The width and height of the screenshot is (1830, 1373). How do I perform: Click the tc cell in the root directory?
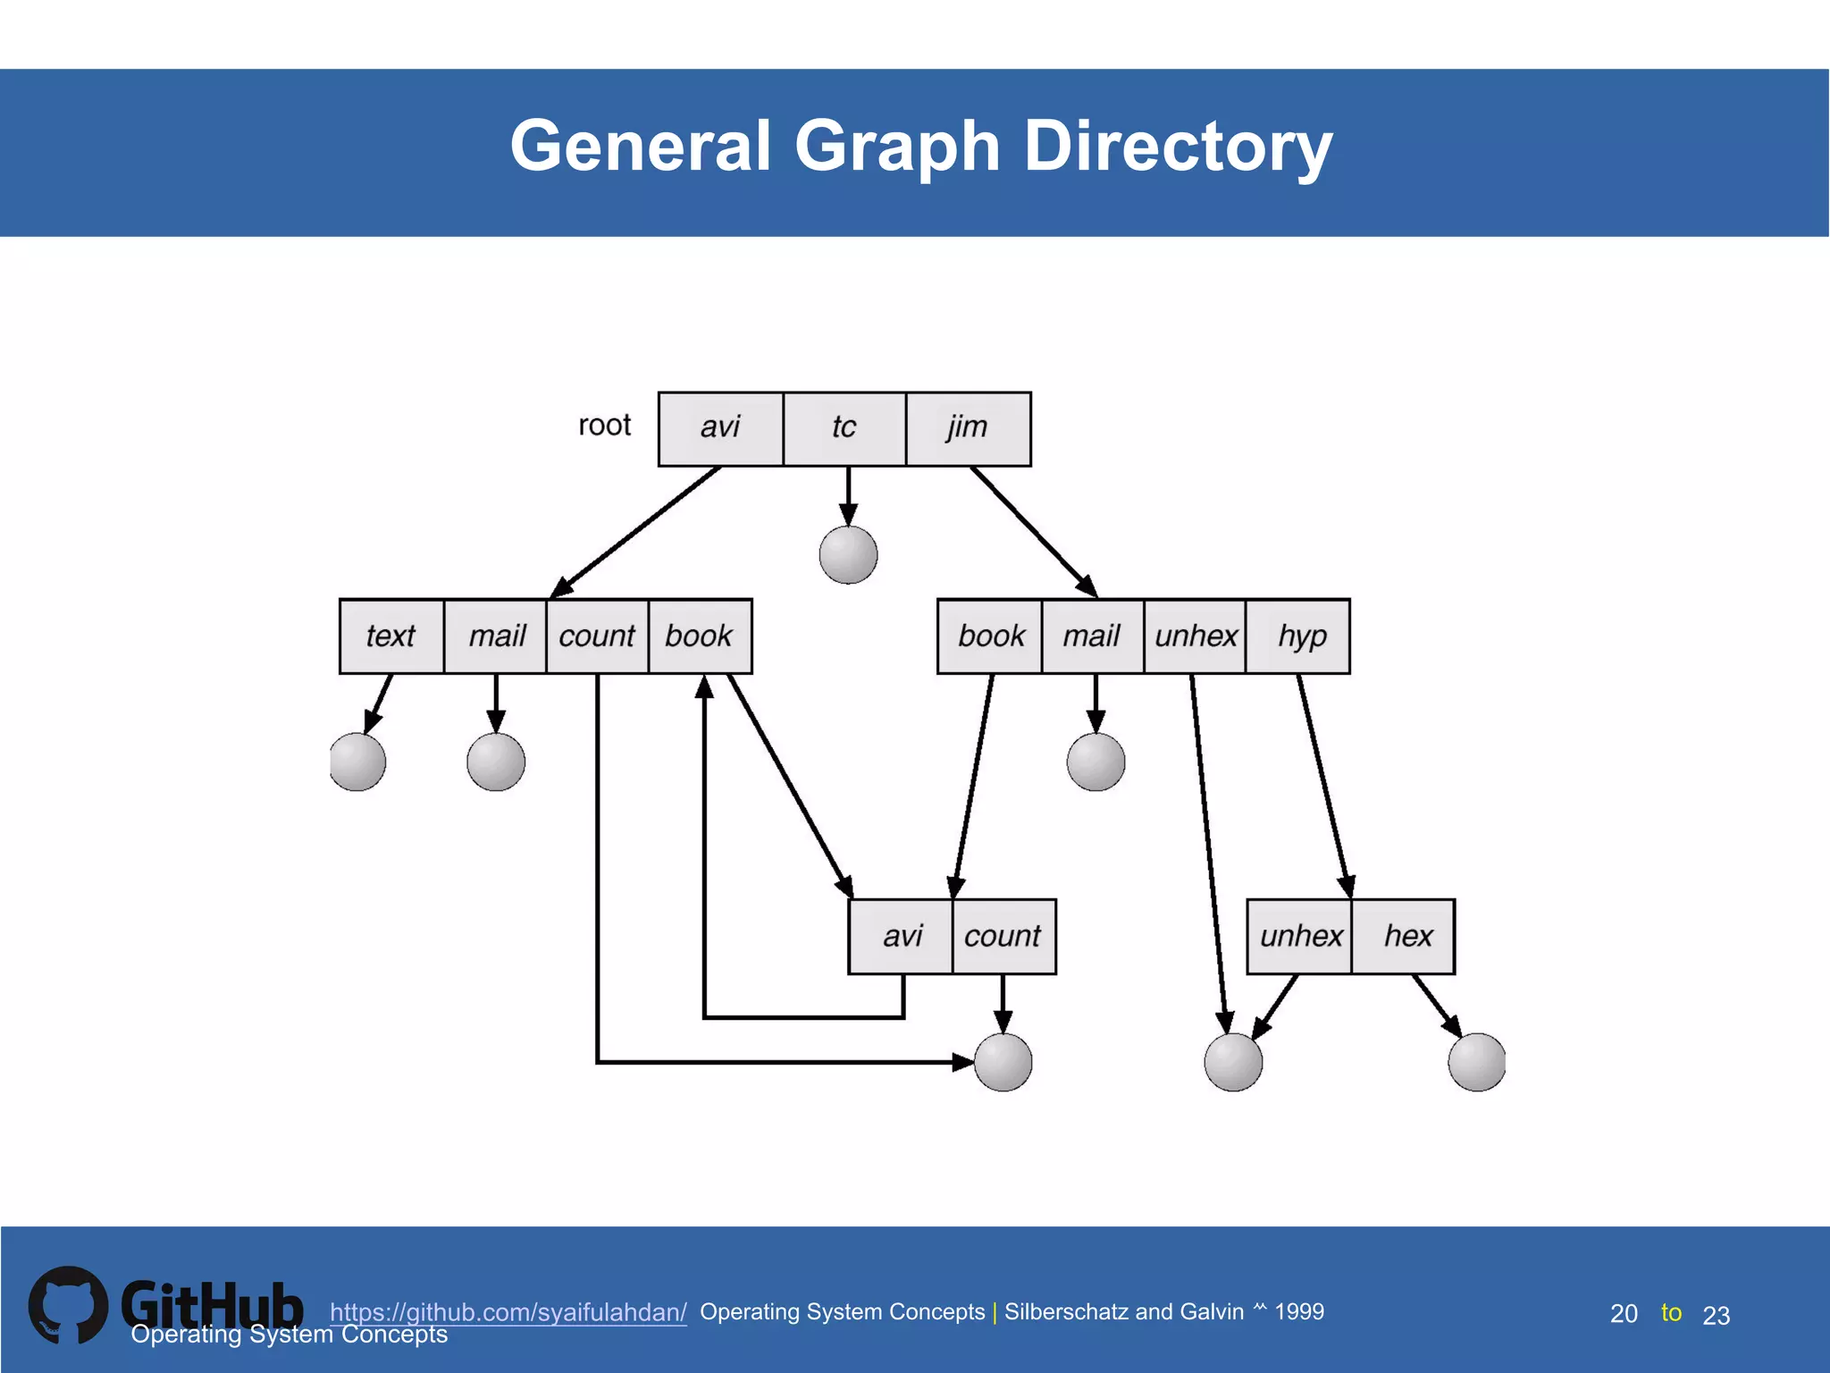[x=844, y=428]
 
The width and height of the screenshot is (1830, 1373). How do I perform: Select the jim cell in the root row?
[x=968, y=428]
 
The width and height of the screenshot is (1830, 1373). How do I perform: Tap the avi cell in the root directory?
[x=720, y=428]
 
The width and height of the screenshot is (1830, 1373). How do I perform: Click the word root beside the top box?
[x=604, y=425]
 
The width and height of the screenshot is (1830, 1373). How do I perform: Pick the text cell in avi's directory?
[x=391, y=636]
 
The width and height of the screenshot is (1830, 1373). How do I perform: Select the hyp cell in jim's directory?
[x=1301, y=636]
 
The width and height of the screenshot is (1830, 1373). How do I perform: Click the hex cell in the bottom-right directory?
[x=1407, y=936]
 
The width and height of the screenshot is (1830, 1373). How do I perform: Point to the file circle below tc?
[x=848, y=555]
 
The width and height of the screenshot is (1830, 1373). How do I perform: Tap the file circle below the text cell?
[x=357, y=762]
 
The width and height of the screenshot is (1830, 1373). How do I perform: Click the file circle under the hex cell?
[x=1476, y=1063]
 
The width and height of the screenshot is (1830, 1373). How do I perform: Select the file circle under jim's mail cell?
[x=1095, y=762]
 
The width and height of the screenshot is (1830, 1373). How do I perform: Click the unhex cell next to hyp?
[x=1195, y=636]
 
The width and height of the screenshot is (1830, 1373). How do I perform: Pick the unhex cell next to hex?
[x=1300, y=936]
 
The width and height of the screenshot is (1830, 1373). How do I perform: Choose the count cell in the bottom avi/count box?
[x=1003, y=936]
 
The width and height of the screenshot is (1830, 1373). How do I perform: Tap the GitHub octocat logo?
[x=68, y=1305]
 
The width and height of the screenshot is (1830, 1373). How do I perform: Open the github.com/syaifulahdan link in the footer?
[x=508, y=1312]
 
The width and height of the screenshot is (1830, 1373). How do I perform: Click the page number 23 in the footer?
[x=1716, y=1315]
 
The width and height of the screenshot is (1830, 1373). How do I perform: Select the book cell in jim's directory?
[x=990, y=636]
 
